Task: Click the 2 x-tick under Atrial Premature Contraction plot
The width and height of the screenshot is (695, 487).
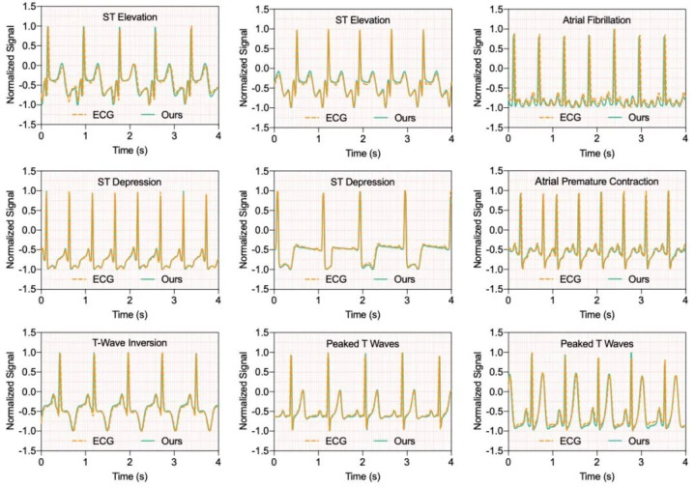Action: [596, 299]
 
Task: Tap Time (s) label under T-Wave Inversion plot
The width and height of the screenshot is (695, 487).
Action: [128, 475]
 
